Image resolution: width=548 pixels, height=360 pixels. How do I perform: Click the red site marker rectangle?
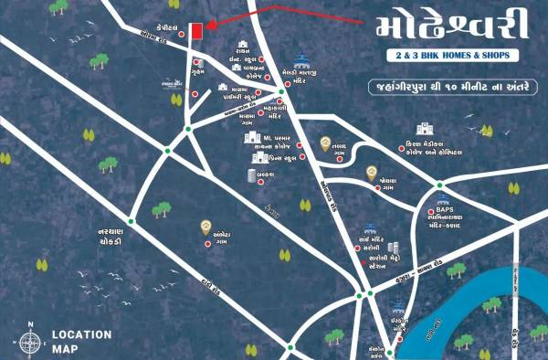click(195, 30)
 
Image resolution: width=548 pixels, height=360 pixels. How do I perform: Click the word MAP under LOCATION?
click(67, 348)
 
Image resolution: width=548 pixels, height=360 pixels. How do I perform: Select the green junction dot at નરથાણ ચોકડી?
click(132, 220)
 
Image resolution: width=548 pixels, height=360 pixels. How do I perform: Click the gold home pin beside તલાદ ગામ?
click(325, 143)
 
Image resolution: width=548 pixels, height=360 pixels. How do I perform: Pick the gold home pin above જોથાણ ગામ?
click(372, 172)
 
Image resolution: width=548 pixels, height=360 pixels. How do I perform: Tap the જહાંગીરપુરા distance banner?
click(443, 90)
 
